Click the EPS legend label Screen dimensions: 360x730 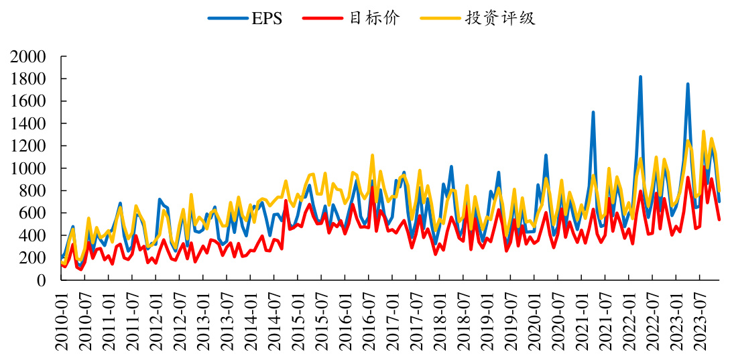267,18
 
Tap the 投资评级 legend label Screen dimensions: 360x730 500,18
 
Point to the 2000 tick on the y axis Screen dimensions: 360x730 27,57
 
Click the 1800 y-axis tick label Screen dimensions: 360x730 27,79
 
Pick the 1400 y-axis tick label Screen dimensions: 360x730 27,124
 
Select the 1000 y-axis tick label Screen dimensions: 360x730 27,168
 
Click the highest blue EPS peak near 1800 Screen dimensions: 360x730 640,77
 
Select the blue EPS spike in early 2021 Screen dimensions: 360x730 593,113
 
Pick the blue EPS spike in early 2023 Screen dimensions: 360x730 688,84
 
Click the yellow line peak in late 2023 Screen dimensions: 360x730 703,131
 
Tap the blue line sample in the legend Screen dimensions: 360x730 227,18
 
